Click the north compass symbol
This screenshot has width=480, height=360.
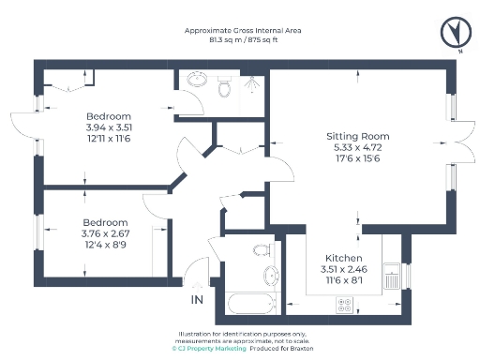(455, 34)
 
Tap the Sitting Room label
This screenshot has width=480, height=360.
(353, 135)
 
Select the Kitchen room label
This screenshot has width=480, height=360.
(344, 258)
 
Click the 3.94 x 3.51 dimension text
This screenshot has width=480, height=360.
(110, 127)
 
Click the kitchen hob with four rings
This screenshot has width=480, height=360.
(344, 305)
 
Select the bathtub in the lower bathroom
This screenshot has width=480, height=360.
(249, 303)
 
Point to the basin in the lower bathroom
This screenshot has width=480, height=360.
(270, 277)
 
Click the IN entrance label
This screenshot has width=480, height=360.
(196, 300)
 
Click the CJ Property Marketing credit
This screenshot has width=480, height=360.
(209, 348)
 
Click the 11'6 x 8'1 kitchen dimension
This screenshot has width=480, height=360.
(344, 278)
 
